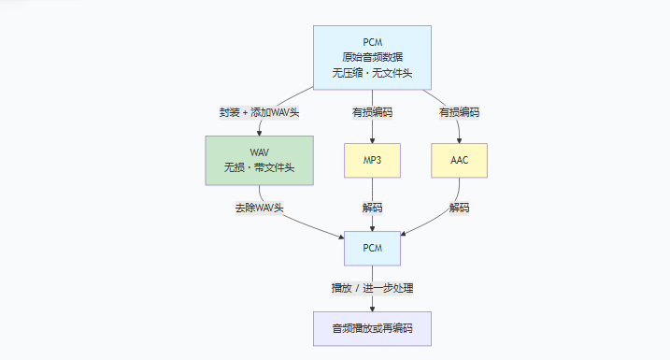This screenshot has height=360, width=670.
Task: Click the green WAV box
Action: tap(260, 160)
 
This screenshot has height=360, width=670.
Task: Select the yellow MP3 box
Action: tap(372, 160)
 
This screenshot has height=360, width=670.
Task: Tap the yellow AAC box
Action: tap(460, 160)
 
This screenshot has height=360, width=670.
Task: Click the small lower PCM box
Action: tap(372, 249)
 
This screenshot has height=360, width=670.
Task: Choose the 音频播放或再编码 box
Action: tap(372, 328)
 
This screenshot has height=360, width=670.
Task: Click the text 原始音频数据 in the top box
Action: tap(372, 57)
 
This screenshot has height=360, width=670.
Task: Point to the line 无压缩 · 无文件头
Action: tap(372, 73)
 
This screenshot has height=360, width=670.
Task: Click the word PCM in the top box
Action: tap(372, 42)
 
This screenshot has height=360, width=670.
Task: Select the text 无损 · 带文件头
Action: tap(260, 167)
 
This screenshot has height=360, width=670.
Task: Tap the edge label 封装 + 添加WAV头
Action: tap(260, 112)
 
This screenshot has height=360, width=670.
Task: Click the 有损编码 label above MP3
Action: tap(372, 112)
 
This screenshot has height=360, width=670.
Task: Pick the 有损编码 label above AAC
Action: tap(460, 112)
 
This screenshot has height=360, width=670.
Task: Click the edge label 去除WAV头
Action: tap(260, 208)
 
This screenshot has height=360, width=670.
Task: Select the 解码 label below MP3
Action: tap(372, 208)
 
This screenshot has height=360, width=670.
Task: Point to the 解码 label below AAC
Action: tap(460, 208)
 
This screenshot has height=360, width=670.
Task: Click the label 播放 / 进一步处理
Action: tap(372, 288)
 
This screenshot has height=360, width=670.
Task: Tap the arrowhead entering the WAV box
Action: tap(260, 134)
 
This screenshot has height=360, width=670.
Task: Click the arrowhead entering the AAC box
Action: tap(460, 140)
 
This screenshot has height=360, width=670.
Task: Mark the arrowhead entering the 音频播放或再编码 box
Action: tap(372, 309)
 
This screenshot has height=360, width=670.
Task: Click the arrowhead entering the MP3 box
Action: tap(372, 140)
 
